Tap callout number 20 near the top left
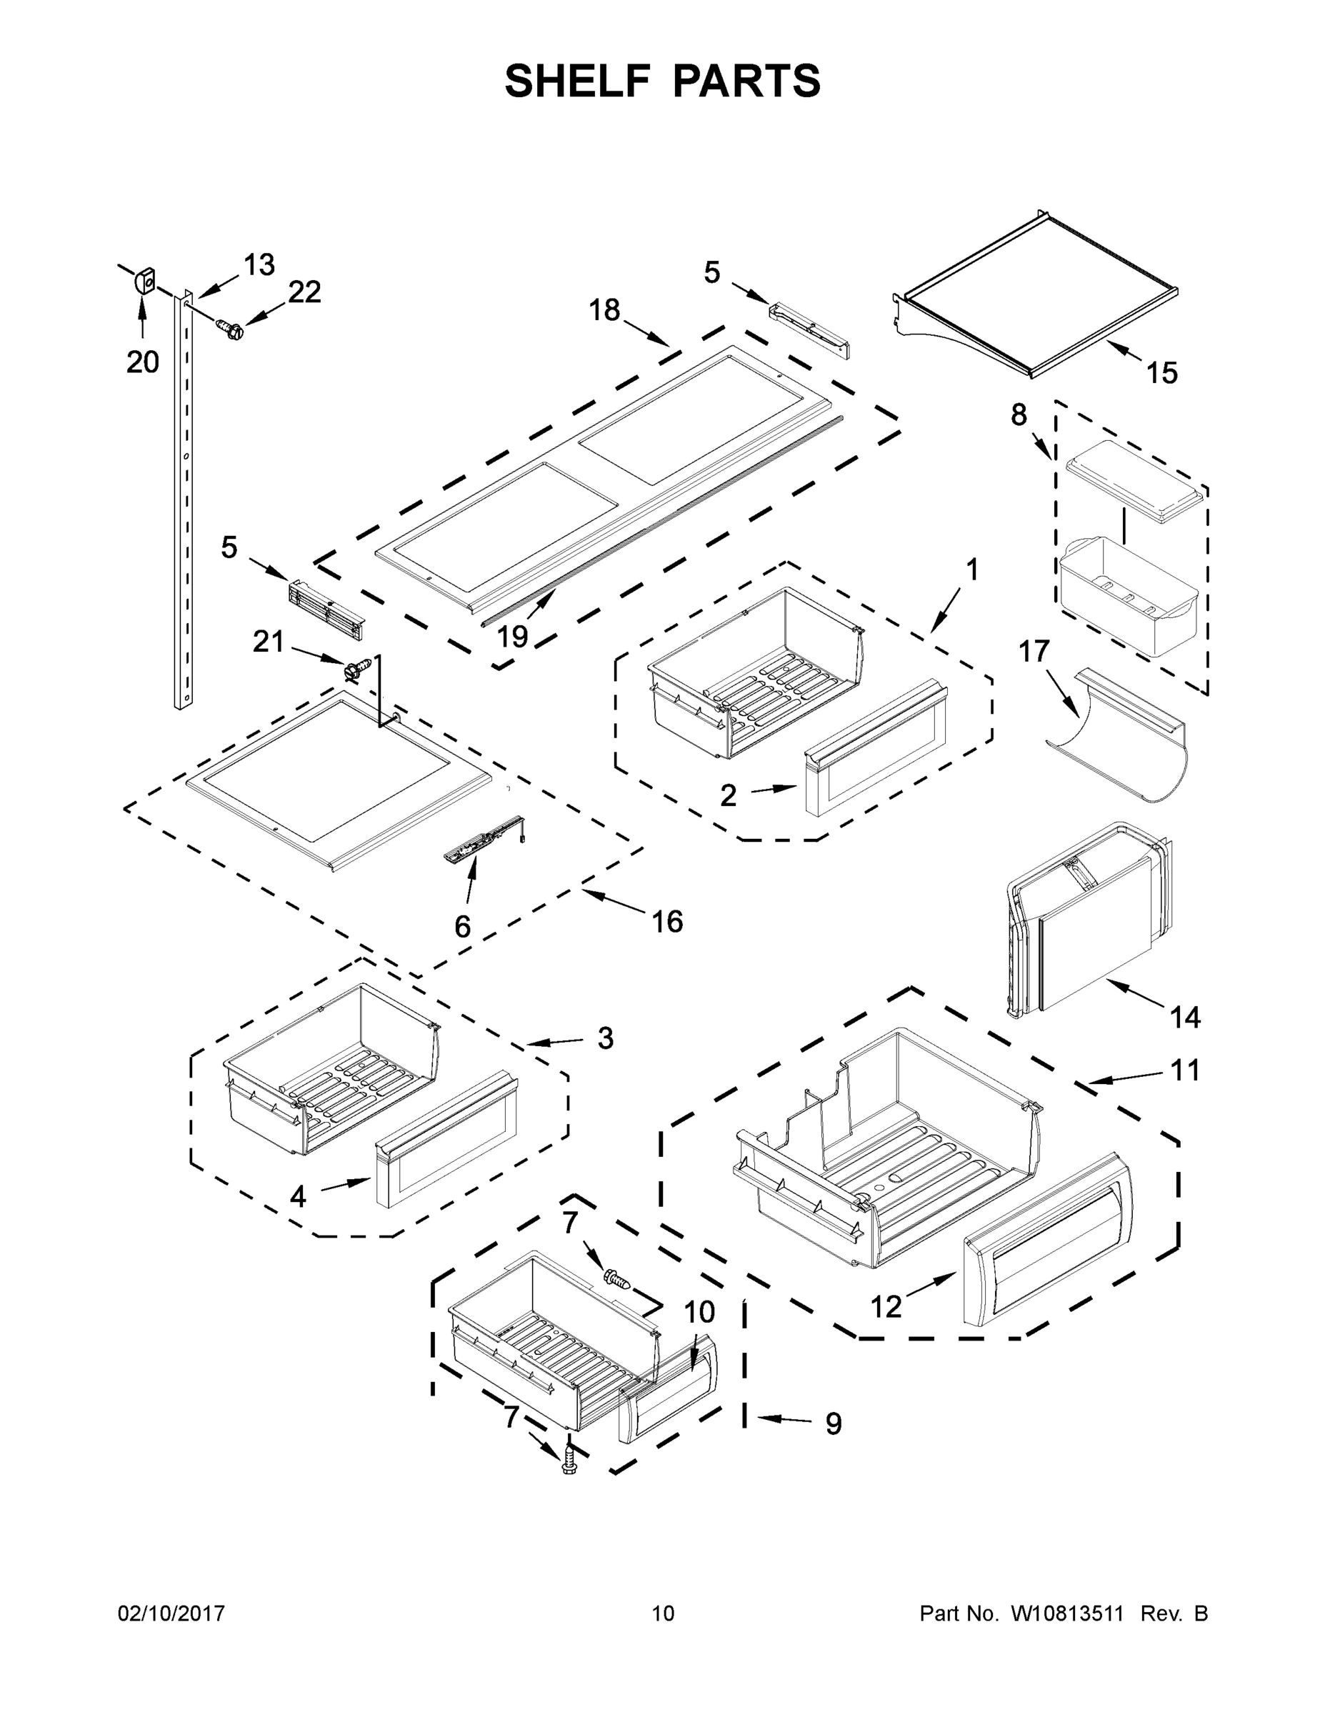(x=142, y=362)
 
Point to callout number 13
(x=259, y=265)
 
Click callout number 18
(x=604, y=310)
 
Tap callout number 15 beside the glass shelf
(x=1161, y=373)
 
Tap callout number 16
(x=667, y=921)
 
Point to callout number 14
(x=1185, y=1018)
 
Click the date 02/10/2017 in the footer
(x=171, y=1614)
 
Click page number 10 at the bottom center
(x=663, y=1614)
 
